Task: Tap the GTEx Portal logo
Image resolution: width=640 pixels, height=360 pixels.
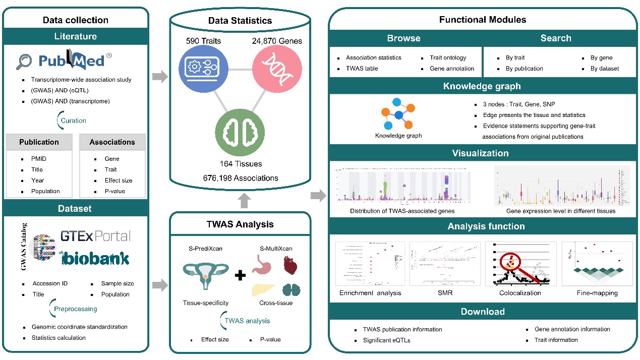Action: click(95, 236)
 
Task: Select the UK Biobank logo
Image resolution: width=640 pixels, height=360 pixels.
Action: click(95, 258)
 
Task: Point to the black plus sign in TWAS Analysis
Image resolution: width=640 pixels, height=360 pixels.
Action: click(241, 275)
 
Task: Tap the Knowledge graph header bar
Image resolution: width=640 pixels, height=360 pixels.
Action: click(482, 86)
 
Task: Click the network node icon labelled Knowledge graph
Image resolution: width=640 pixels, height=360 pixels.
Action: click(398, 114)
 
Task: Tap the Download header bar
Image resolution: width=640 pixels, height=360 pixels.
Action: click(482, 312)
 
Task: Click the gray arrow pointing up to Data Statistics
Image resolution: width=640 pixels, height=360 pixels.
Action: click(244, 200)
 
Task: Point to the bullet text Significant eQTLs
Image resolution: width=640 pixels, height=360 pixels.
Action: click(386, 340)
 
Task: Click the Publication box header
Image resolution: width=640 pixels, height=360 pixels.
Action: click(39, 142)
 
